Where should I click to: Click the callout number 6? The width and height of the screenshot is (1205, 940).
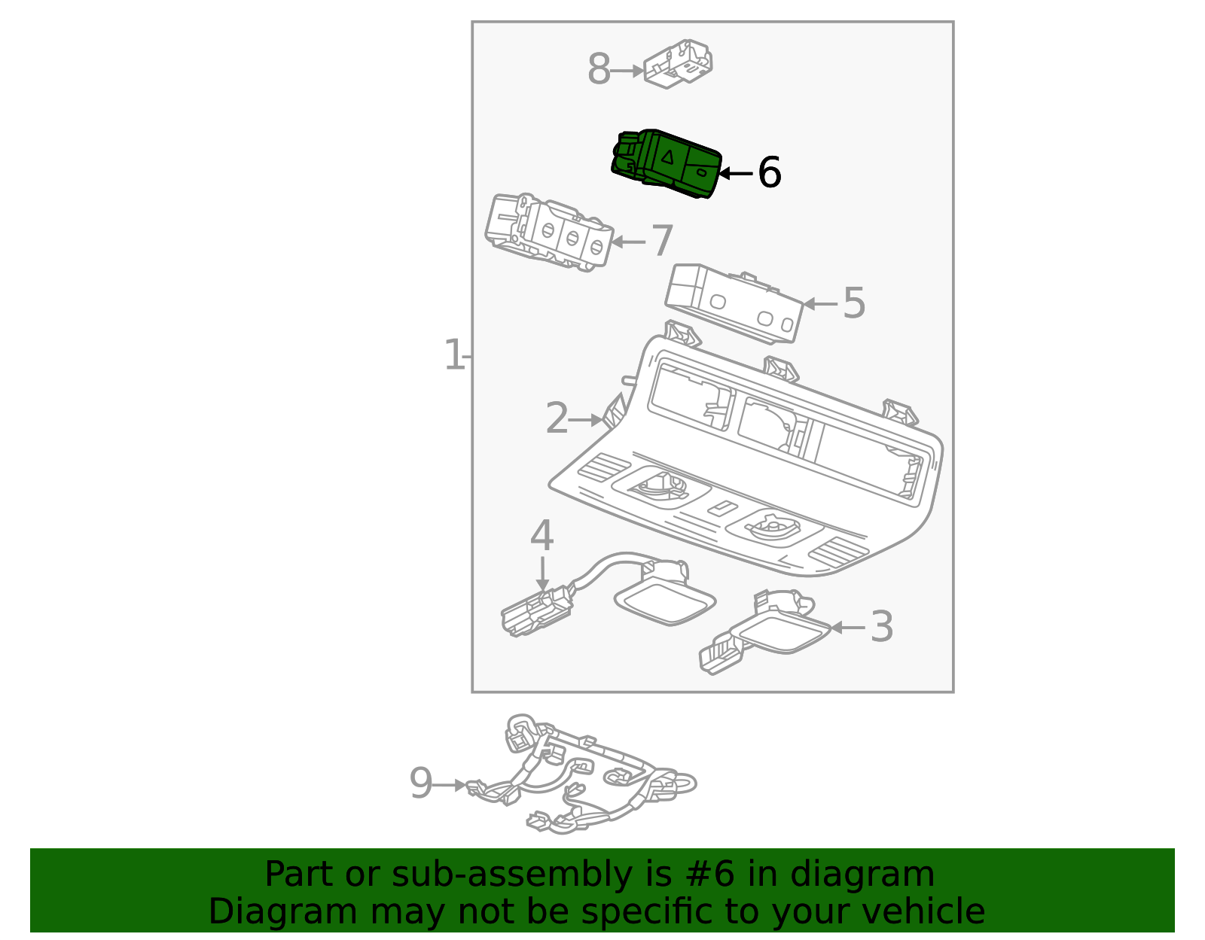[769, 172]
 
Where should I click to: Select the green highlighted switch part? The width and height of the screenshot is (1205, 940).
[666, 163]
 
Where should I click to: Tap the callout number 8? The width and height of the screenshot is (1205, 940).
[599, 70]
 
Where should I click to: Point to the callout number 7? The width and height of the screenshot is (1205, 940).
[661, 241]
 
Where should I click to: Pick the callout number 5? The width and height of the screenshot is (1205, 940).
[853, 303]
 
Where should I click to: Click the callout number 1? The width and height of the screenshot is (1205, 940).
[453, 355]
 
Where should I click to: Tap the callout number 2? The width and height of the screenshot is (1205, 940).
[557, 418]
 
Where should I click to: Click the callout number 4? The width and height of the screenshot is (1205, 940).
[541, 536]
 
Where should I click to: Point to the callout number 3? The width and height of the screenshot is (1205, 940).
[881, 627]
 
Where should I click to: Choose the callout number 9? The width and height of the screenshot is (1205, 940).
[421, 783]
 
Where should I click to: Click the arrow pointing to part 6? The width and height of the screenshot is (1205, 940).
[734, 173]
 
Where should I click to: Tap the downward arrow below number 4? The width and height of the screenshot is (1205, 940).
[541, 576]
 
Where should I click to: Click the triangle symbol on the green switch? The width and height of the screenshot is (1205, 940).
[667, 157]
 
